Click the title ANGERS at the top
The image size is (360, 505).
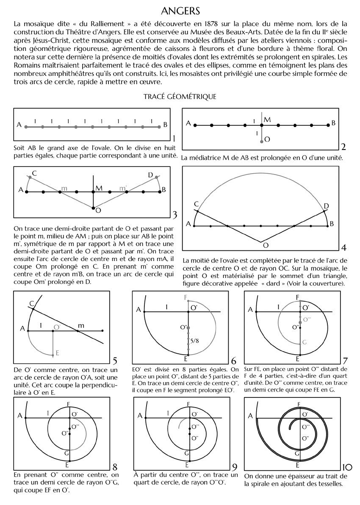pyautogui.click(x=180, y=10)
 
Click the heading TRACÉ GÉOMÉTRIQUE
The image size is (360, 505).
pyautogui.click(x=180, y=97)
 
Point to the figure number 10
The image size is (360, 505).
pyautogui.click(x=346, y=468)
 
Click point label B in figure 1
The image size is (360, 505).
pyautogui.click(x=165, y=125)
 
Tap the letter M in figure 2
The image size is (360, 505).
pyautogui.click(x=267, y=120)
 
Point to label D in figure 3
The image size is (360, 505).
pyautogui.click(x=150, y=175)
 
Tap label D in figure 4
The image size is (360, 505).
pyautogui.click(x=326, y=206)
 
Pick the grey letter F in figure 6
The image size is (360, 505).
pyautogui.click(x=185, y=297)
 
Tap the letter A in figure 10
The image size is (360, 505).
pyautogui.click(x=250, y=416)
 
